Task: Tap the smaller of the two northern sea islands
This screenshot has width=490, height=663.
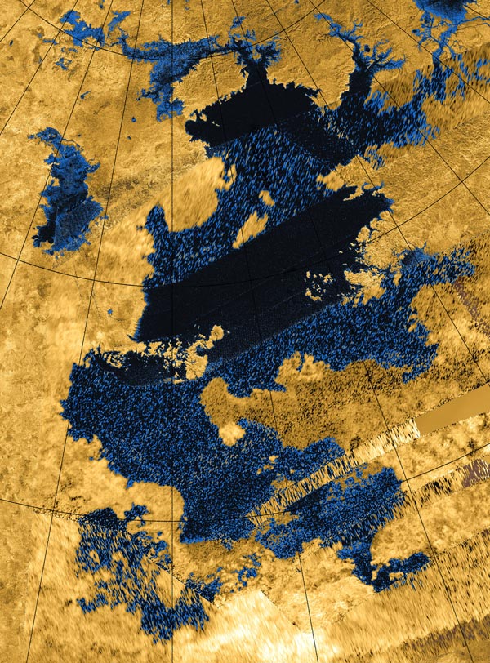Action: tap(266, 198)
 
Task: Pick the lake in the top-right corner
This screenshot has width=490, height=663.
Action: tap(449, 16)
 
